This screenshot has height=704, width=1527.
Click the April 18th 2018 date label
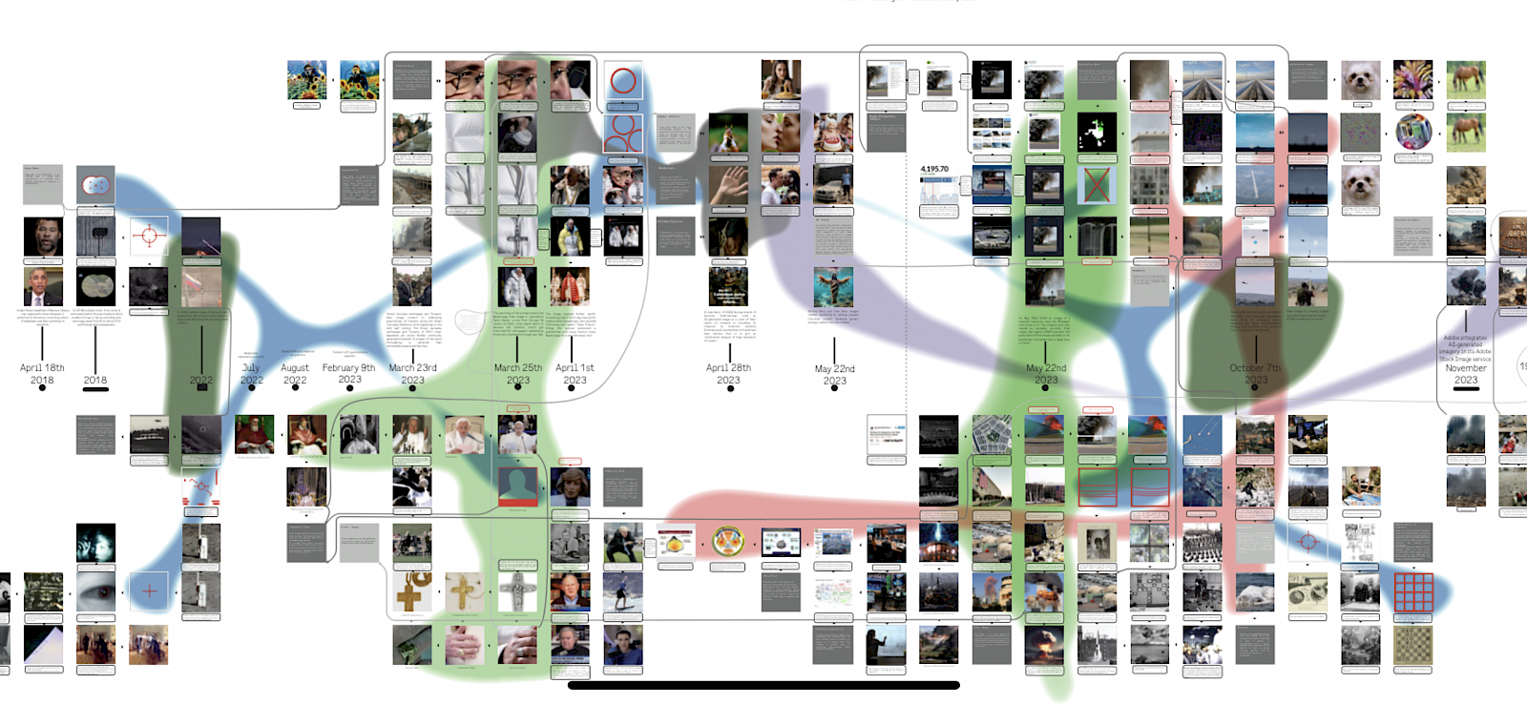tap(42, 373)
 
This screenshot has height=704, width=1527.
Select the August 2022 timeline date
tap(295, 373)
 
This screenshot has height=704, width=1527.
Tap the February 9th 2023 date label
tap(349, 373)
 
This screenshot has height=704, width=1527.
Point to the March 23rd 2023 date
tap(412, 373)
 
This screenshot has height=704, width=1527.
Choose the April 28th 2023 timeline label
tap(728, 373)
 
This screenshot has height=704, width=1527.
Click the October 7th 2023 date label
tap(1255, 373)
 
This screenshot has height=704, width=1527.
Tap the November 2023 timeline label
tap(1466, 373)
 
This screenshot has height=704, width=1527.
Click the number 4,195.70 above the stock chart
tap(934, 169)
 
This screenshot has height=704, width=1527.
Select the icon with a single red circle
tap(622, 81)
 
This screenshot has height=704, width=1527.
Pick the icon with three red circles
tap(622, 133)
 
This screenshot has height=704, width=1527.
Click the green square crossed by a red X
tap(1097, 184)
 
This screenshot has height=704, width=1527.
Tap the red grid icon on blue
tap(1413, 592)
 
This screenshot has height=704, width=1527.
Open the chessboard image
tap(1413, 645)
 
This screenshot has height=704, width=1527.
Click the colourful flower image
tap(1412, 79)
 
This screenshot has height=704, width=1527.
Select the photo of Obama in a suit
tap(43, 286)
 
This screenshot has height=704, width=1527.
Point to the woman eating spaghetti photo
tap(781, 80)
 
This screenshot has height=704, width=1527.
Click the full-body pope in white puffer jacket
tap(517, 286)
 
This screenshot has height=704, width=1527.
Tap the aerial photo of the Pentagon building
tap(992, 434)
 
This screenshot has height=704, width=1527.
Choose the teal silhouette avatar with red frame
tap(517, 487)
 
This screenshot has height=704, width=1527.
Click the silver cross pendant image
tap(517, 592)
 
